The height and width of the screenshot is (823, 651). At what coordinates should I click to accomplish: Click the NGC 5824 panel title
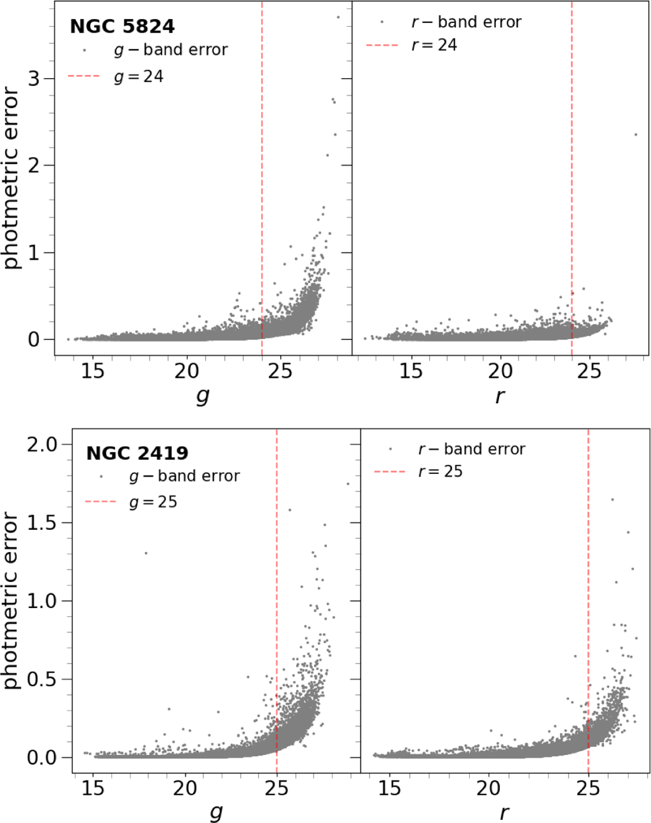pos(122,27)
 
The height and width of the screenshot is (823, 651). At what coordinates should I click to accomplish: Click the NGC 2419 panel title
pos(137,453)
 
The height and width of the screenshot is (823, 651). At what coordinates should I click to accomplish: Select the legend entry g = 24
pos(138,77)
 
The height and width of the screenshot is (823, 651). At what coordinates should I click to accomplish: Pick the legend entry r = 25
pos(440,471)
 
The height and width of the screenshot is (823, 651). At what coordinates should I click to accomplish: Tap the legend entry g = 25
pos(153,502)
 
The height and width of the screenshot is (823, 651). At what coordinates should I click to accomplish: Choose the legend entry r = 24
pos(434,45)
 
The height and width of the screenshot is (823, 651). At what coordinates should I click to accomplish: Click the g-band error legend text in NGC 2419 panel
pos(184,476)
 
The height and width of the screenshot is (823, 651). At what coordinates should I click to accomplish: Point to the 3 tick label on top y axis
pos(34,79)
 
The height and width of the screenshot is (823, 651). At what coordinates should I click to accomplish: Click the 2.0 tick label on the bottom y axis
pos(42,445)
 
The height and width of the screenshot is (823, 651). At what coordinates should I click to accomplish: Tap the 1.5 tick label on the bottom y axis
pos(42,523)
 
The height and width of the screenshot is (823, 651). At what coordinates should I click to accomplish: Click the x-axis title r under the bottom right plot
pos(504,813)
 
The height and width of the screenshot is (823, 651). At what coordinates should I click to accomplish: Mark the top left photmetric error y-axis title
pos(11,179)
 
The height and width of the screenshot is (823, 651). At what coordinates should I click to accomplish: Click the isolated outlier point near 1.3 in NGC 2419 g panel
pos(145,553)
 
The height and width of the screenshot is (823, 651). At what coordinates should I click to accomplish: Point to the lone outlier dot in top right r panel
pos(635,135)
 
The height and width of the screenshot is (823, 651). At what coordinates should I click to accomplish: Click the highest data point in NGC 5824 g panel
pos(338,17)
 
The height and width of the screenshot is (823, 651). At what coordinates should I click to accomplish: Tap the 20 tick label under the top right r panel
pos(500,371)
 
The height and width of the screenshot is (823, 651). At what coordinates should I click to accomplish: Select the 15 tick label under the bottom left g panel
pos(93,788)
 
